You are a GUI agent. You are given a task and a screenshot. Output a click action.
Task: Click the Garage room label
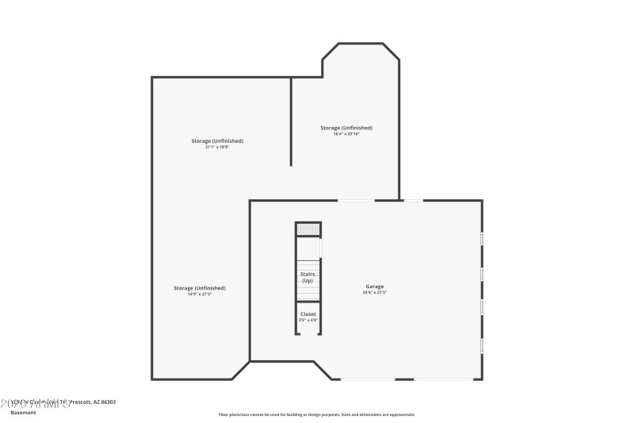tap(375, 286)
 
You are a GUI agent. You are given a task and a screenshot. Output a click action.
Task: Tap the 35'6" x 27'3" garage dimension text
tap(375, 293)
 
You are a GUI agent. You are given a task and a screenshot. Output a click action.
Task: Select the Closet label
tap(308, 314)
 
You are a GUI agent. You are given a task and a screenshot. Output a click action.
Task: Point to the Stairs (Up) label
tap(307, 278)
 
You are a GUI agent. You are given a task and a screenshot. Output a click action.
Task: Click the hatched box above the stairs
tap(308, 229)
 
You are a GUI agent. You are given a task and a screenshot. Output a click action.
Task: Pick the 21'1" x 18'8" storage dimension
tap(217, 147)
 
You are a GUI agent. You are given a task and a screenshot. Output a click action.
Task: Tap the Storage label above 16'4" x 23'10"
tap(346, 128)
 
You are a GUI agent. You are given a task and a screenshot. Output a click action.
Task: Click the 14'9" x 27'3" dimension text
tap(200, 294)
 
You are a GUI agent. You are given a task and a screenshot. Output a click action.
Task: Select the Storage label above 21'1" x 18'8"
tap(217, 141)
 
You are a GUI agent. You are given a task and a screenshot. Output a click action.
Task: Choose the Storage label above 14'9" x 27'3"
tap(200, 288)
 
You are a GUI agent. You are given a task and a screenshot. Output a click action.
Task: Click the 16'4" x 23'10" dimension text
tap(346, 134)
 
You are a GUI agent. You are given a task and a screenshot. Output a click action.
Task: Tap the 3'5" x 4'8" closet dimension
tap(308, 321)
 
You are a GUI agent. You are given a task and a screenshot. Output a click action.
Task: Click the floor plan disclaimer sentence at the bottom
tap(316, 414)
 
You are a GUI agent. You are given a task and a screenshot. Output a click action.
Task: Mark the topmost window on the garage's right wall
tap(482, 238)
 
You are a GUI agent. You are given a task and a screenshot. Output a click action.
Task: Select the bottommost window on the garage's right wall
tap(482, 345)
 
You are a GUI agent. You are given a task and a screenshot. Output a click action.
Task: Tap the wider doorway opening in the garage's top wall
tap(357, 200)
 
